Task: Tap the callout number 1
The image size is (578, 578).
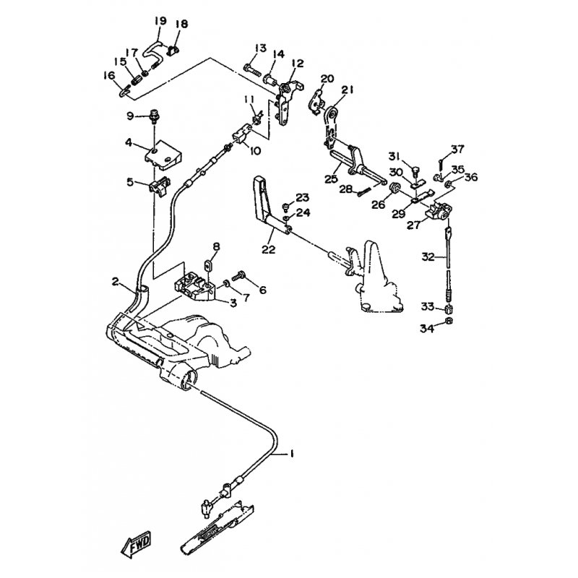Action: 293,454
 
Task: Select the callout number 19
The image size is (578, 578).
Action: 160,20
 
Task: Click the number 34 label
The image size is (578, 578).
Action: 428,329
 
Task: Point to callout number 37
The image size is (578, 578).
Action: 458,150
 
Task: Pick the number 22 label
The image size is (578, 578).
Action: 268,250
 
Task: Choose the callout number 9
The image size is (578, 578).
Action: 130,116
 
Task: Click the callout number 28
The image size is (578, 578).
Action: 345,189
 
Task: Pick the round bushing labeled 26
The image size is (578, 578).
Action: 395,190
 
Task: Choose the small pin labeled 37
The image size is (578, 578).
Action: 441,163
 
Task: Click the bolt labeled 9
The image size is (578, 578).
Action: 153,115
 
